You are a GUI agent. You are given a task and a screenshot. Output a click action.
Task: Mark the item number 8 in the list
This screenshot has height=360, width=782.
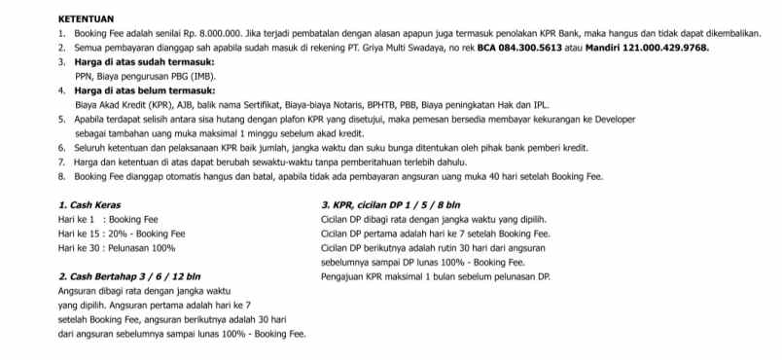coord(61,176)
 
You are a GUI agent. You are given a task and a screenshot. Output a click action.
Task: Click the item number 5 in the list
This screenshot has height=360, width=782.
coord(61,119)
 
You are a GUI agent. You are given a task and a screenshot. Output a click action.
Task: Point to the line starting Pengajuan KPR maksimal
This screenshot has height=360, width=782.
coord(435,276)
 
